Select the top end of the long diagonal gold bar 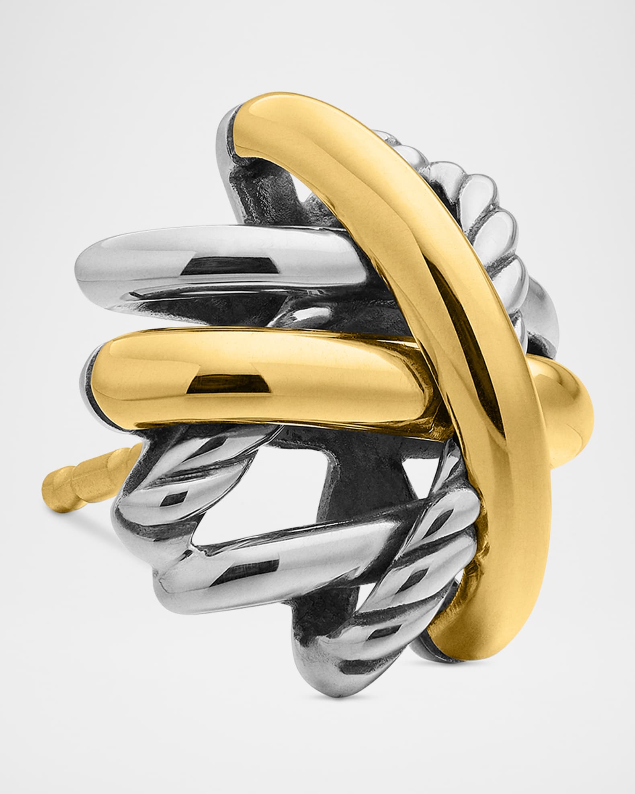tap(257, 133)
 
